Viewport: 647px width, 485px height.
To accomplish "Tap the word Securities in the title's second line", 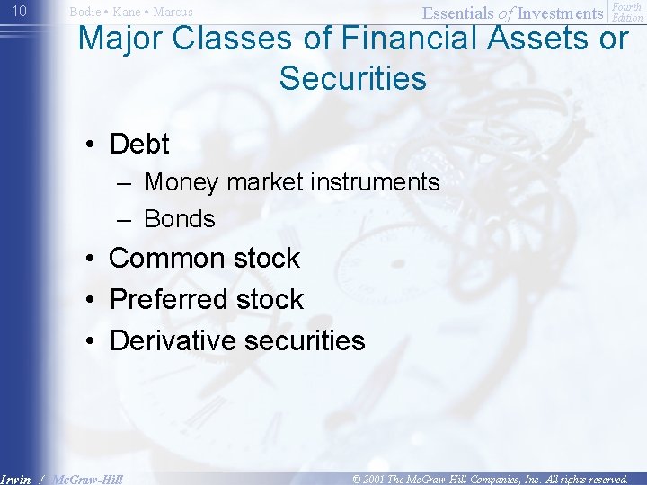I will pos(352,78).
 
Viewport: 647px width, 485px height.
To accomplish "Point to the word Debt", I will pos(139,144).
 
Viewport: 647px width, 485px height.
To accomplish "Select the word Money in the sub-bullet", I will pos(182,182).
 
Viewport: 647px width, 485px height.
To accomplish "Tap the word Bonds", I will pos(180,219).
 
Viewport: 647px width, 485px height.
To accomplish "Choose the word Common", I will pos(168,259).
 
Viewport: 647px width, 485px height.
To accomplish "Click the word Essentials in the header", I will pos(458,13).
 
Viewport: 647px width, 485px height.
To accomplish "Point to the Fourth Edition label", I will pos(628,12).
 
